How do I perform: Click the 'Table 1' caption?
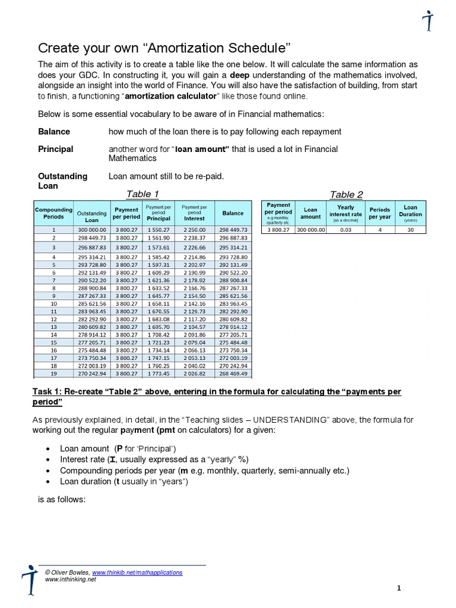point(143,194)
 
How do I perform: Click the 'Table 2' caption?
point(346,194)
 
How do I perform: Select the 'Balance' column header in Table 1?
point(233,213)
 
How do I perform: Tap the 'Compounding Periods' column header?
point(53,213)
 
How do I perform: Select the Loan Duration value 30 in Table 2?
point(410,229)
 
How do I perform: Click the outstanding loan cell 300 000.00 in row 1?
point(92,229)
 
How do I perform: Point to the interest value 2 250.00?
point(194,229)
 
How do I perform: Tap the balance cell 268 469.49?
point(233,375)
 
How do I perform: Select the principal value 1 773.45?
point(159,375)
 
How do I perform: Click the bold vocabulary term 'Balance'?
point(54,131)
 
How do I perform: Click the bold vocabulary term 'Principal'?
point(56,149)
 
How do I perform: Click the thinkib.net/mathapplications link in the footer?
point(137,572)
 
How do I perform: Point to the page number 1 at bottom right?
point(400,588)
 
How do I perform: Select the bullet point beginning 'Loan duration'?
point(123,482)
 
